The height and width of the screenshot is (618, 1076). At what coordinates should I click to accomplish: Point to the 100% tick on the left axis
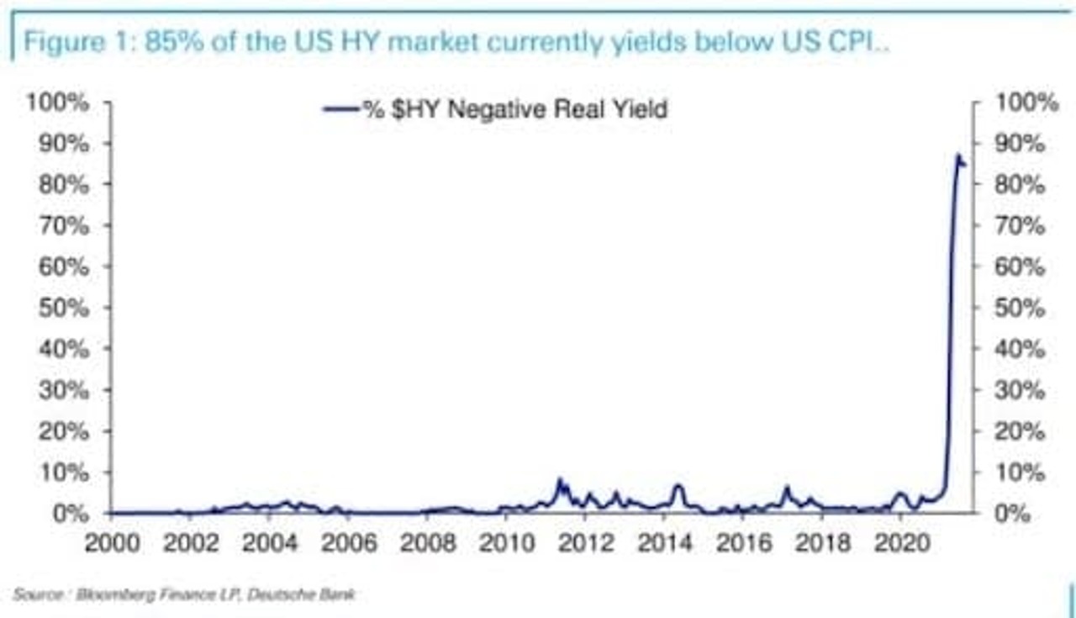[x=59, y=103]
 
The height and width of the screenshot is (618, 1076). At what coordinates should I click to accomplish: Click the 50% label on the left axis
[x=65, y=308]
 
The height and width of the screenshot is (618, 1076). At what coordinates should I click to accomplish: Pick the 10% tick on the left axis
[x=65, y=473]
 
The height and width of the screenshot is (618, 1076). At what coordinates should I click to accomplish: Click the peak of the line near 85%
[x=958, y=156]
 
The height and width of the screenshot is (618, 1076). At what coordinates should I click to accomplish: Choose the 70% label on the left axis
[x=65, y=225]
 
